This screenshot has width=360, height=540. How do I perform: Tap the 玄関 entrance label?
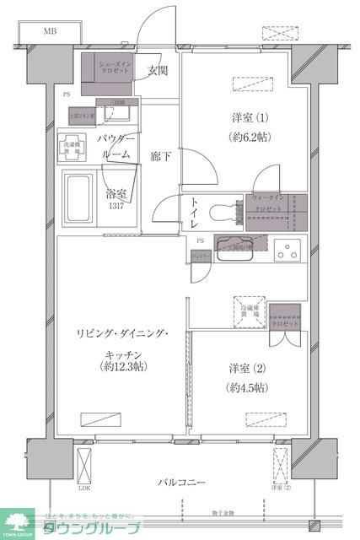(x=157, y=70)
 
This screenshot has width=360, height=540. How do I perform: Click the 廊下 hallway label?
(x=161, y=156)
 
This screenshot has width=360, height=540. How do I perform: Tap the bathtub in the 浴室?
(x=80, y=196)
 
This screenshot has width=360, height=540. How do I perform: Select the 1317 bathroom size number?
(x=116, y=207)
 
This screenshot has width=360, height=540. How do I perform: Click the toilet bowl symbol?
(x=225, y=211)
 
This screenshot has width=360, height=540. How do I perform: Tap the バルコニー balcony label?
(x=181, y=482)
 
